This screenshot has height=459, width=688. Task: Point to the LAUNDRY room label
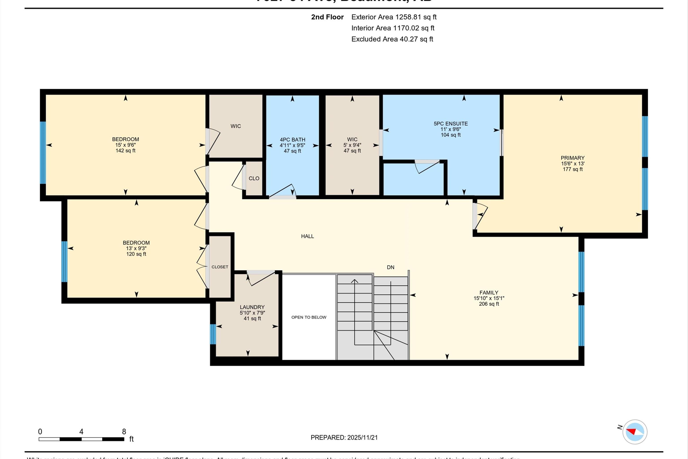pos(252,307)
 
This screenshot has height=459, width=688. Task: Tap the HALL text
pos(307,236)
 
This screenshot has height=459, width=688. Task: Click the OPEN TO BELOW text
pos(309,317)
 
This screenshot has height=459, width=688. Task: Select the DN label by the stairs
pos(390,267)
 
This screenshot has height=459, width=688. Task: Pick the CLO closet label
pos(254,178)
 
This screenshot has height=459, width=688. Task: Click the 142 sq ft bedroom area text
pos(125,151)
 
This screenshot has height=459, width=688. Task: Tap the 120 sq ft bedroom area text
pos(136,254)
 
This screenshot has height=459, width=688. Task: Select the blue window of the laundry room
pos(213,334)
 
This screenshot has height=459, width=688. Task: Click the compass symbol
pos(635,432)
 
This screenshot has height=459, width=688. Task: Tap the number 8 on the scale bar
pos(124,431)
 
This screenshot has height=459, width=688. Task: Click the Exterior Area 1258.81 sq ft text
pos(394,17)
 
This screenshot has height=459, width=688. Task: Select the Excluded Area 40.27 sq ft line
pos(392,39)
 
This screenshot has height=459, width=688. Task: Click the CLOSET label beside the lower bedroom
pos(220,267)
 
